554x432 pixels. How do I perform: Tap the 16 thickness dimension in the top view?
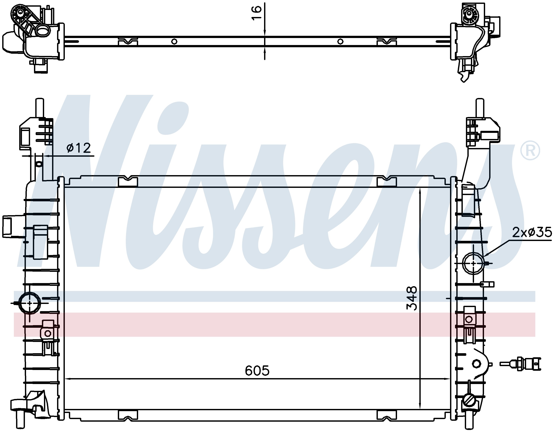pyautogui.click(x=257, y=13)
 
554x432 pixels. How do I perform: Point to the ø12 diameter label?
pyautogui.click(x=78, y=148)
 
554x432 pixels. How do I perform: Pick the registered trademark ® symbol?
pyautogui.click(x=530, y=151)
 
